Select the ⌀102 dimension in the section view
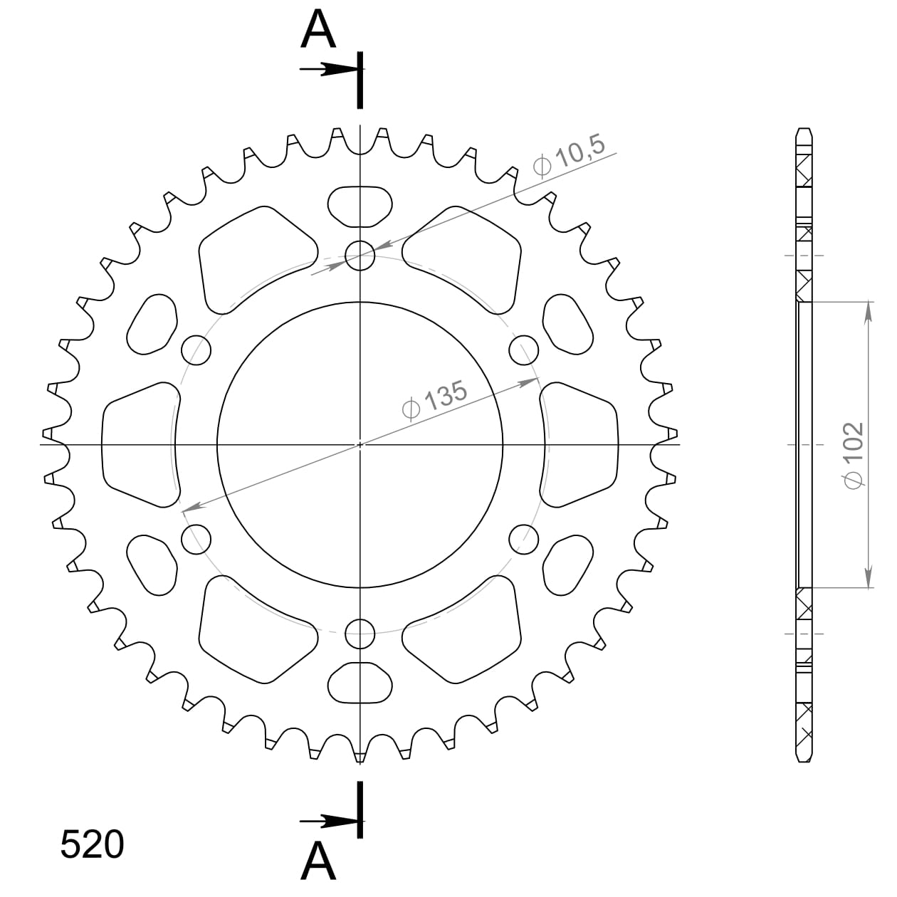pos(853,454)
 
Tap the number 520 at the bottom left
pos(93,845)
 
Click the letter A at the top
pos(318,30)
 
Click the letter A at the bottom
pos(318,861)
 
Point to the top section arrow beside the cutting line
pos(327,69)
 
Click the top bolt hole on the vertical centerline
pos(360,255)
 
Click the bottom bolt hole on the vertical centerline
pos(360,632)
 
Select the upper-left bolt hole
pos(197,350)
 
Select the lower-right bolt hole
pos(524,539)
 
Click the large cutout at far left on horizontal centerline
pos(140,444)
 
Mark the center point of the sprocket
pos(360,444)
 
